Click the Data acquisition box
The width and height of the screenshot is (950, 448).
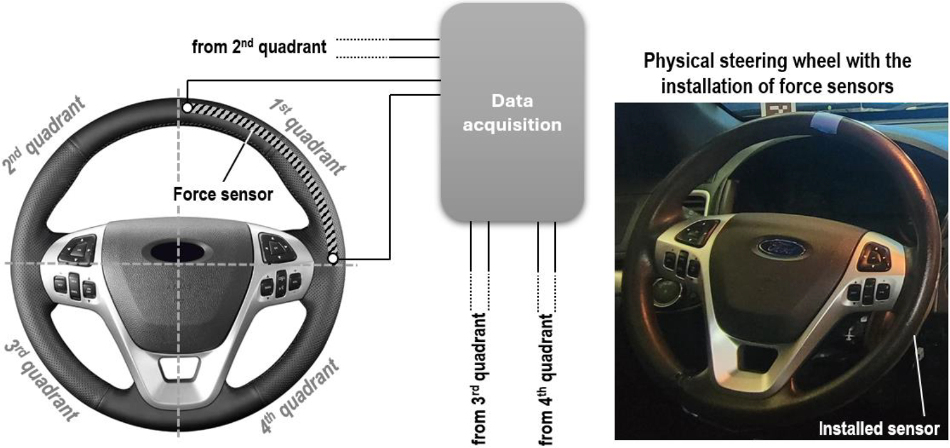click(x=513, y=112)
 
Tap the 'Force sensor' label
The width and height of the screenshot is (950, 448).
click(x=223, y=195)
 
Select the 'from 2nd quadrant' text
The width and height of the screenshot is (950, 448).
click(x=259, y=46)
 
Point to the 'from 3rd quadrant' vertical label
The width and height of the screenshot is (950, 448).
click(x=479, y=379)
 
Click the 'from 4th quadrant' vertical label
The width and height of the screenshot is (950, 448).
click(x=546, y=380)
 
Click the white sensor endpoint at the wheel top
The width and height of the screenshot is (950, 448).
click(x=187, y=108)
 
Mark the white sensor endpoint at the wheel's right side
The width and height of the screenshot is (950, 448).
click(x=333, y=258)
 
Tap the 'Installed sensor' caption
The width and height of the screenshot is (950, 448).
click(x=879, y=429)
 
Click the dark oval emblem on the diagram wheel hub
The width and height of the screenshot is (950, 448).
click(x=178, y=252)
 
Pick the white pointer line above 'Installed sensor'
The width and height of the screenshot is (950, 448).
click(x=919, y=375)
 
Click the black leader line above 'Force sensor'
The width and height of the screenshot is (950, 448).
click(x=239, y=156)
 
